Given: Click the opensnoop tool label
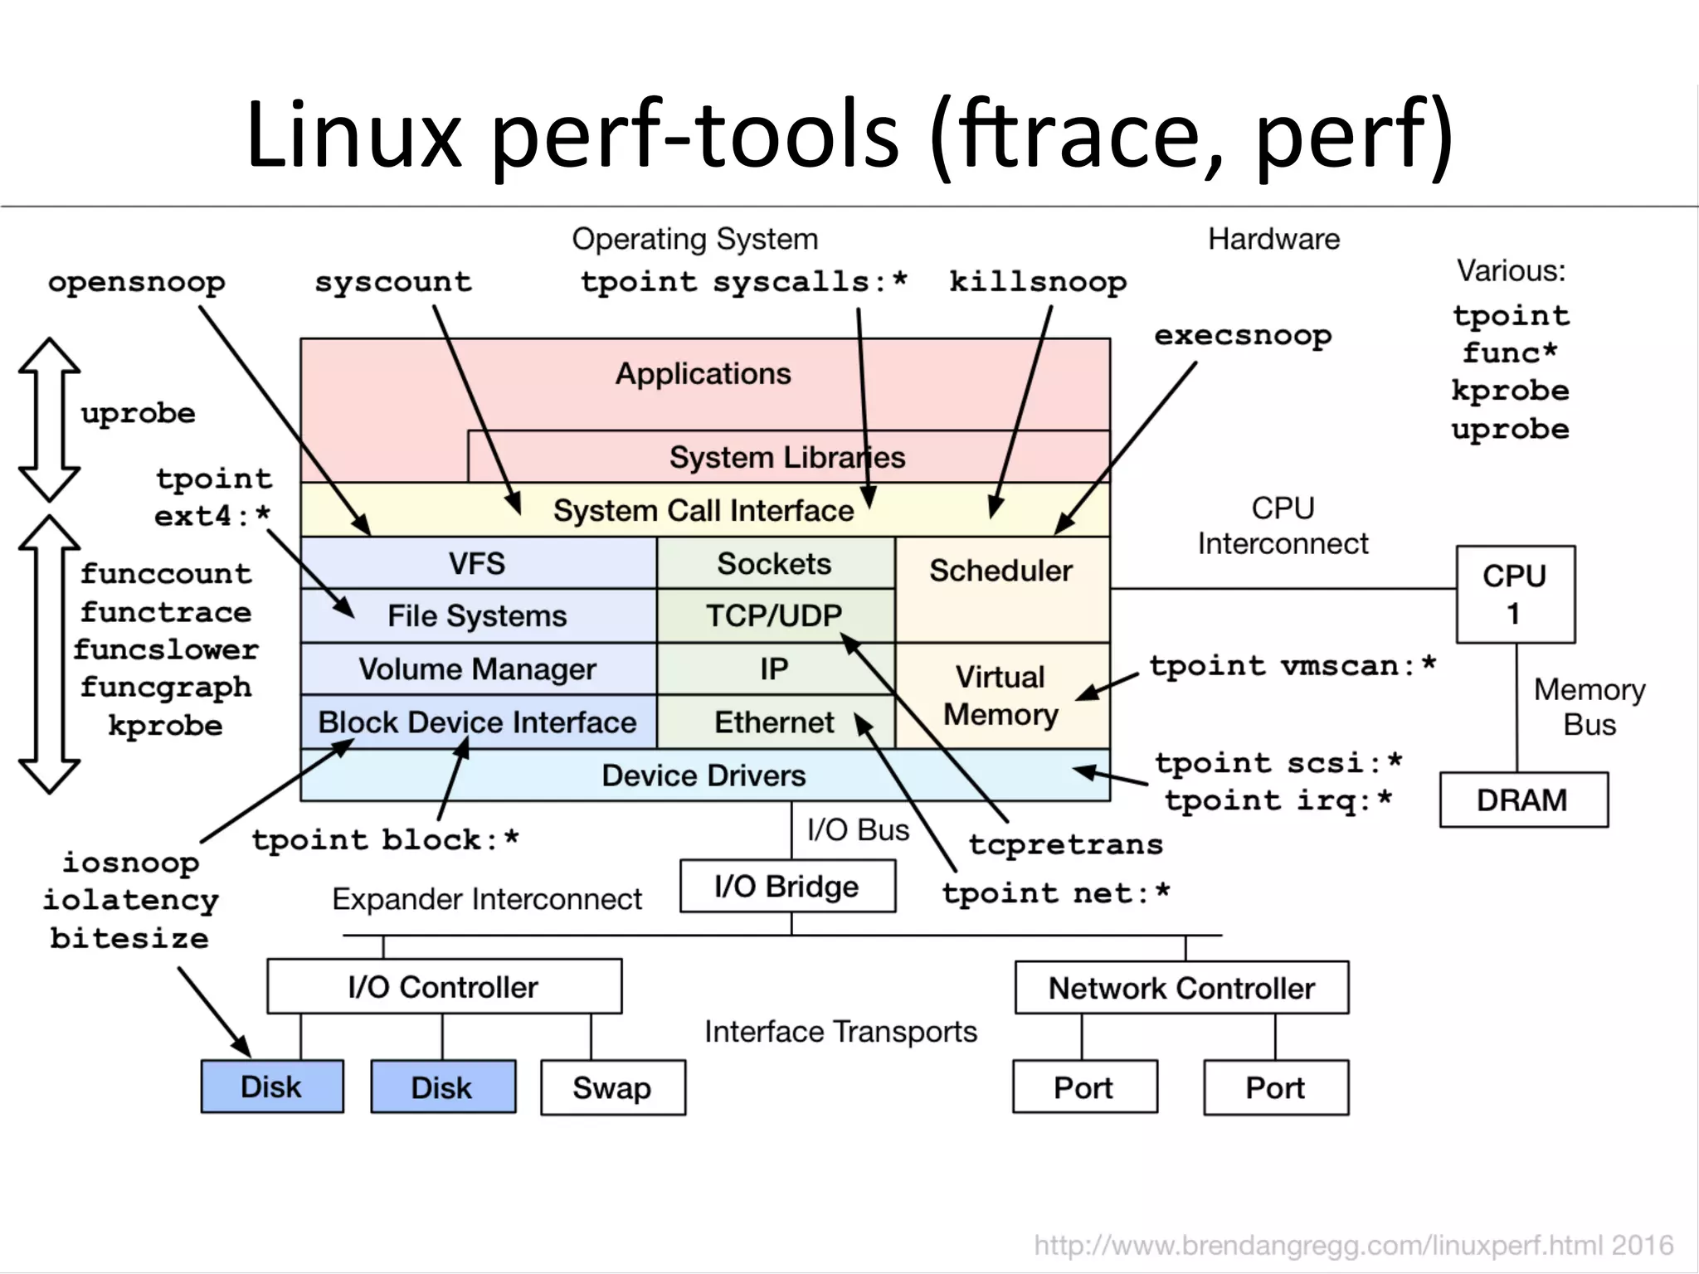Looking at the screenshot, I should pos(137,283).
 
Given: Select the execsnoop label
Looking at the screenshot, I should pos(1243,336).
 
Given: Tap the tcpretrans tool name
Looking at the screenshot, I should pos(1066,844).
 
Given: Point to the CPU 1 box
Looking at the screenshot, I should pos(1516,594).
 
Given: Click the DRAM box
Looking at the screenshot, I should pos(1523,800).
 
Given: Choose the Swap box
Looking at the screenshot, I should pos(612,1087).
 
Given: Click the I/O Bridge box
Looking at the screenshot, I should pos(787,887).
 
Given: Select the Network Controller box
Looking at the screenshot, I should pos(1181,988).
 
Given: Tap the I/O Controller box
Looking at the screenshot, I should pos(444,987).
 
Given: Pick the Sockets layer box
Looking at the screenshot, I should pos(775,564).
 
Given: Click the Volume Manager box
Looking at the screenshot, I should pos(478,669).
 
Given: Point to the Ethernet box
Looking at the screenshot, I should pos(775,722).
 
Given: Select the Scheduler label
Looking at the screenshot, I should pos(1001,571).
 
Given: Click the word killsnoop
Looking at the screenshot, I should pos(1038,283).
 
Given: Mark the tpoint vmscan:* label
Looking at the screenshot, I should pos(1292,666).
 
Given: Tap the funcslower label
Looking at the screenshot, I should pos(166,649).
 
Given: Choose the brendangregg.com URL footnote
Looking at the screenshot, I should pos(1353,1245).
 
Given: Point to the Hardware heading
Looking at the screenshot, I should pos(1273,240).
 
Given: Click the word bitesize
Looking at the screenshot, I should pos(129,938).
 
